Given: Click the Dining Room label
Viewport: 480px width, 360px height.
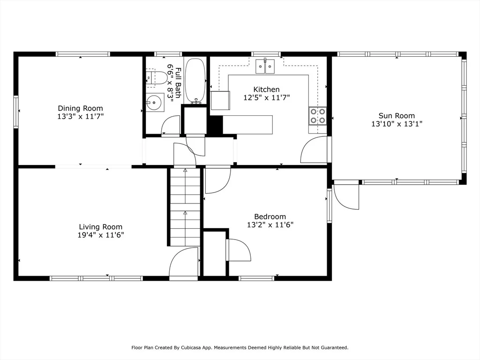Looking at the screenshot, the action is point(81,108).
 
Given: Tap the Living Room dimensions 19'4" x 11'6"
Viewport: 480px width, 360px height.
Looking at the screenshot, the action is point(101,235).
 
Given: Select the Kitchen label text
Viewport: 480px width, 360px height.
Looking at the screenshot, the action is point(266,90).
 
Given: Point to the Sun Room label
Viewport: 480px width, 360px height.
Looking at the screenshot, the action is point(397,116).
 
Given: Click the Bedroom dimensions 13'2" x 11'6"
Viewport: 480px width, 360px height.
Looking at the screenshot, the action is point(270,225).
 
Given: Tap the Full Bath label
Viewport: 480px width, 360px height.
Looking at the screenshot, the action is point(178,82).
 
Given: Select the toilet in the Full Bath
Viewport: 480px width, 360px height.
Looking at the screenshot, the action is point(156,78).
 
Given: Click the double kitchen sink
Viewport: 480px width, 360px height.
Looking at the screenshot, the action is point(265,66).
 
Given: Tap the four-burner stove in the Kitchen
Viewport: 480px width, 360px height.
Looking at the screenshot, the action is point(318,116).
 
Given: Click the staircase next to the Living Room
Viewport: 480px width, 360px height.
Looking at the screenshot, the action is point(185,207).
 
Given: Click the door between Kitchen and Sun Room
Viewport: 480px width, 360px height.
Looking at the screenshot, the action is point(315,150).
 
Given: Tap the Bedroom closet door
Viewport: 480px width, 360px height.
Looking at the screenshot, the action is point(238,250).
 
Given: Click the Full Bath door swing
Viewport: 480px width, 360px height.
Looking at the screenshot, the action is point(171,125).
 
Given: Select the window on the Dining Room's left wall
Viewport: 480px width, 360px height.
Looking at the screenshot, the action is point(16,112).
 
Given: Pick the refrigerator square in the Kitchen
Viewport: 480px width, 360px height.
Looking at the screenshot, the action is point(220,100).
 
